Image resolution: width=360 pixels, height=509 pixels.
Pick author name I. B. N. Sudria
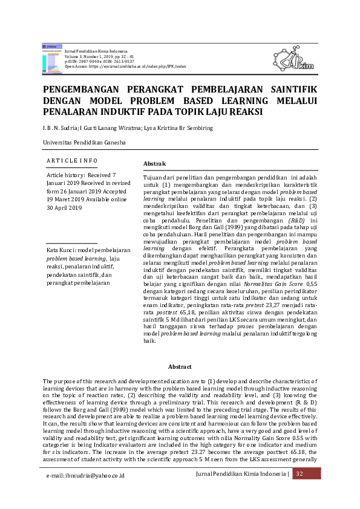pos(61,128)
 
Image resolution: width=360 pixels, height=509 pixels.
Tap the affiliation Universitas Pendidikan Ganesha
pos(84,143)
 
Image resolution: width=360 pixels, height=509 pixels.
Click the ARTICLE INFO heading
pos(72,160)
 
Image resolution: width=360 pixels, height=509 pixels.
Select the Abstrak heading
pos(154,164)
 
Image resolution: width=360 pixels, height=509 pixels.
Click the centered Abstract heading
pos(180,367)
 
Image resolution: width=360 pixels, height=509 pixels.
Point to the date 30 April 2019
pos(64,207)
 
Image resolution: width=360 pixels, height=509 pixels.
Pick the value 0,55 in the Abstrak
pos(312,282)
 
